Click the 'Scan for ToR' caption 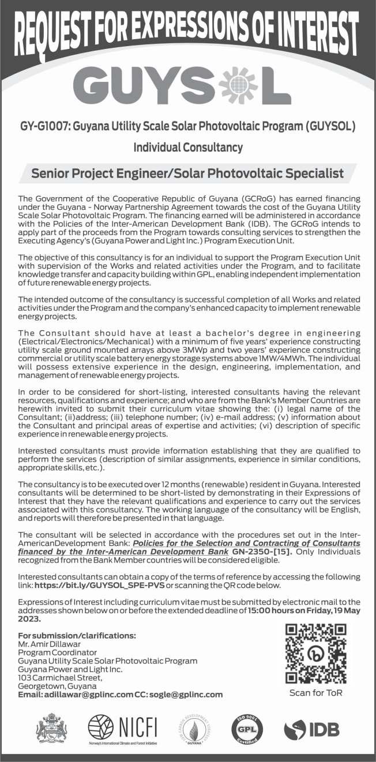[x=315, y=692]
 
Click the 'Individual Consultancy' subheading [x=188, y=148]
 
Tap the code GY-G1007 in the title [x=42, y=125]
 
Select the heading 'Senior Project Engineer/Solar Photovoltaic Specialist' [x=187, y=173]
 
